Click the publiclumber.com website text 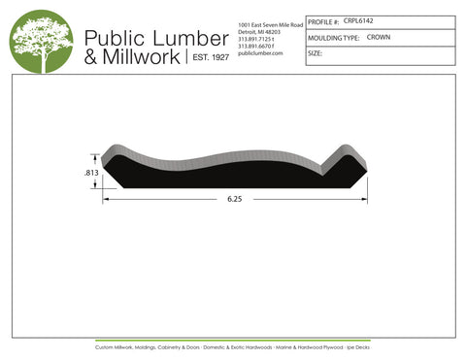click(259, 53)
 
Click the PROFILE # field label click(323, 20)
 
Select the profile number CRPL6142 click(360, 19)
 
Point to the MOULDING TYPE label click(333, 37)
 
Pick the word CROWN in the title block click(380, 37)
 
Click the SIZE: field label click(315, 53)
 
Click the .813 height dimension click(91, 172)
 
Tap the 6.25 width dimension click(235, 200)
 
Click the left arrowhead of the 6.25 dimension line click(109, 200)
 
